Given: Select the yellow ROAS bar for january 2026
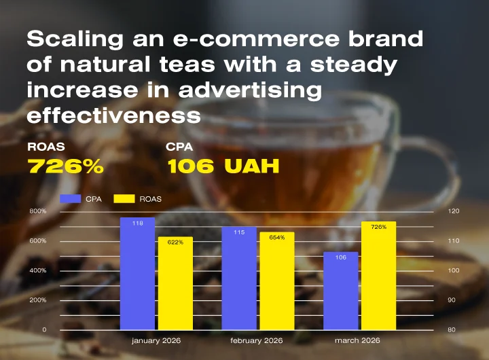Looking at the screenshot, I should [x=175, y=283].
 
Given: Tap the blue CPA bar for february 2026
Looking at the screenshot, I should [x=239, y=278].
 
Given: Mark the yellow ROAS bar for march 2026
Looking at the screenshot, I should [x=379, y=275].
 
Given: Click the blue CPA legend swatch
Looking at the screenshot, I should [x=70, y=199].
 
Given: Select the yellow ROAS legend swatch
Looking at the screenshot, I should [x=124, y=199].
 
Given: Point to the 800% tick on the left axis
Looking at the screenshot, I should [x=38, y=211].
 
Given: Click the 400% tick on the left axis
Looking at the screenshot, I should [x=38, y=270].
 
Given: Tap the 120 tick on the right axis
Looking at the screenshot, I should [x=454, y=211].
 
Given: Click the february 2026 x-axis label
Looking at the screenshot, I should [x=257, y=340].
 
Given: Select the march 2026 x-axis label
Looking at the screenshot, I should [x=357, y=340].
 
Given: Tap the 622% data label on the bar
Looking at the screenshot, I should [x=175, y=242].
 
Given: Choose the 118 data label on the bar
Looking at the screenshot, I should [x=137, y=223].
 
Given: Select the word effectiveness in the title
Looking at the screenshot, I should [x=114, y=115].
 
